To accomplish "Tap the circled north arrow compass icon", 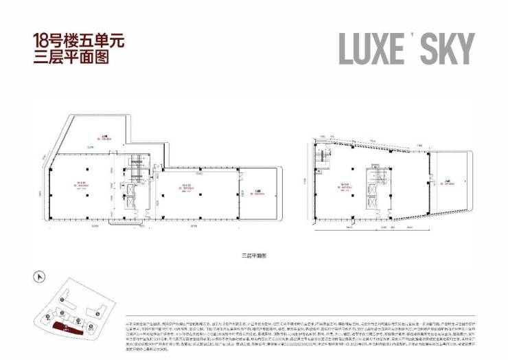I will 40,278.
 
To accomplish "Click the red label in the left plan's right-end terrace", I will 257,193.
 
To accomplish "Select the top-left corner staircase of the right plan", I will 321,159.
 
